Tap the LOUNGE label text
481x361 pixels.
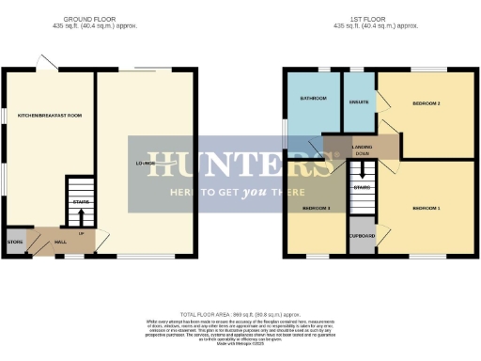pos(146,164)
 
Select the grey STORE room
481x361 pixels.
pos(14,242)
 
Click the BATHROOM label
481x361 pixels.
pos(313,98)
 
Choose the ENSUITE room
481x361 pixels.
pos(358,101)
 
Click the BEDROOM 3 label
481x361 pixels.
pos(315,208)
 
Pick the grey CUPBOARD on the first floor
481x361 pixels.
pos(362,235)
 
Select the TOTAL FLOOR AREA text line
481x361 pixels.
pos(240,313)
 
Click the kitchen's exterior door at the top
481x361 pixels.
pos(45,63)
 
